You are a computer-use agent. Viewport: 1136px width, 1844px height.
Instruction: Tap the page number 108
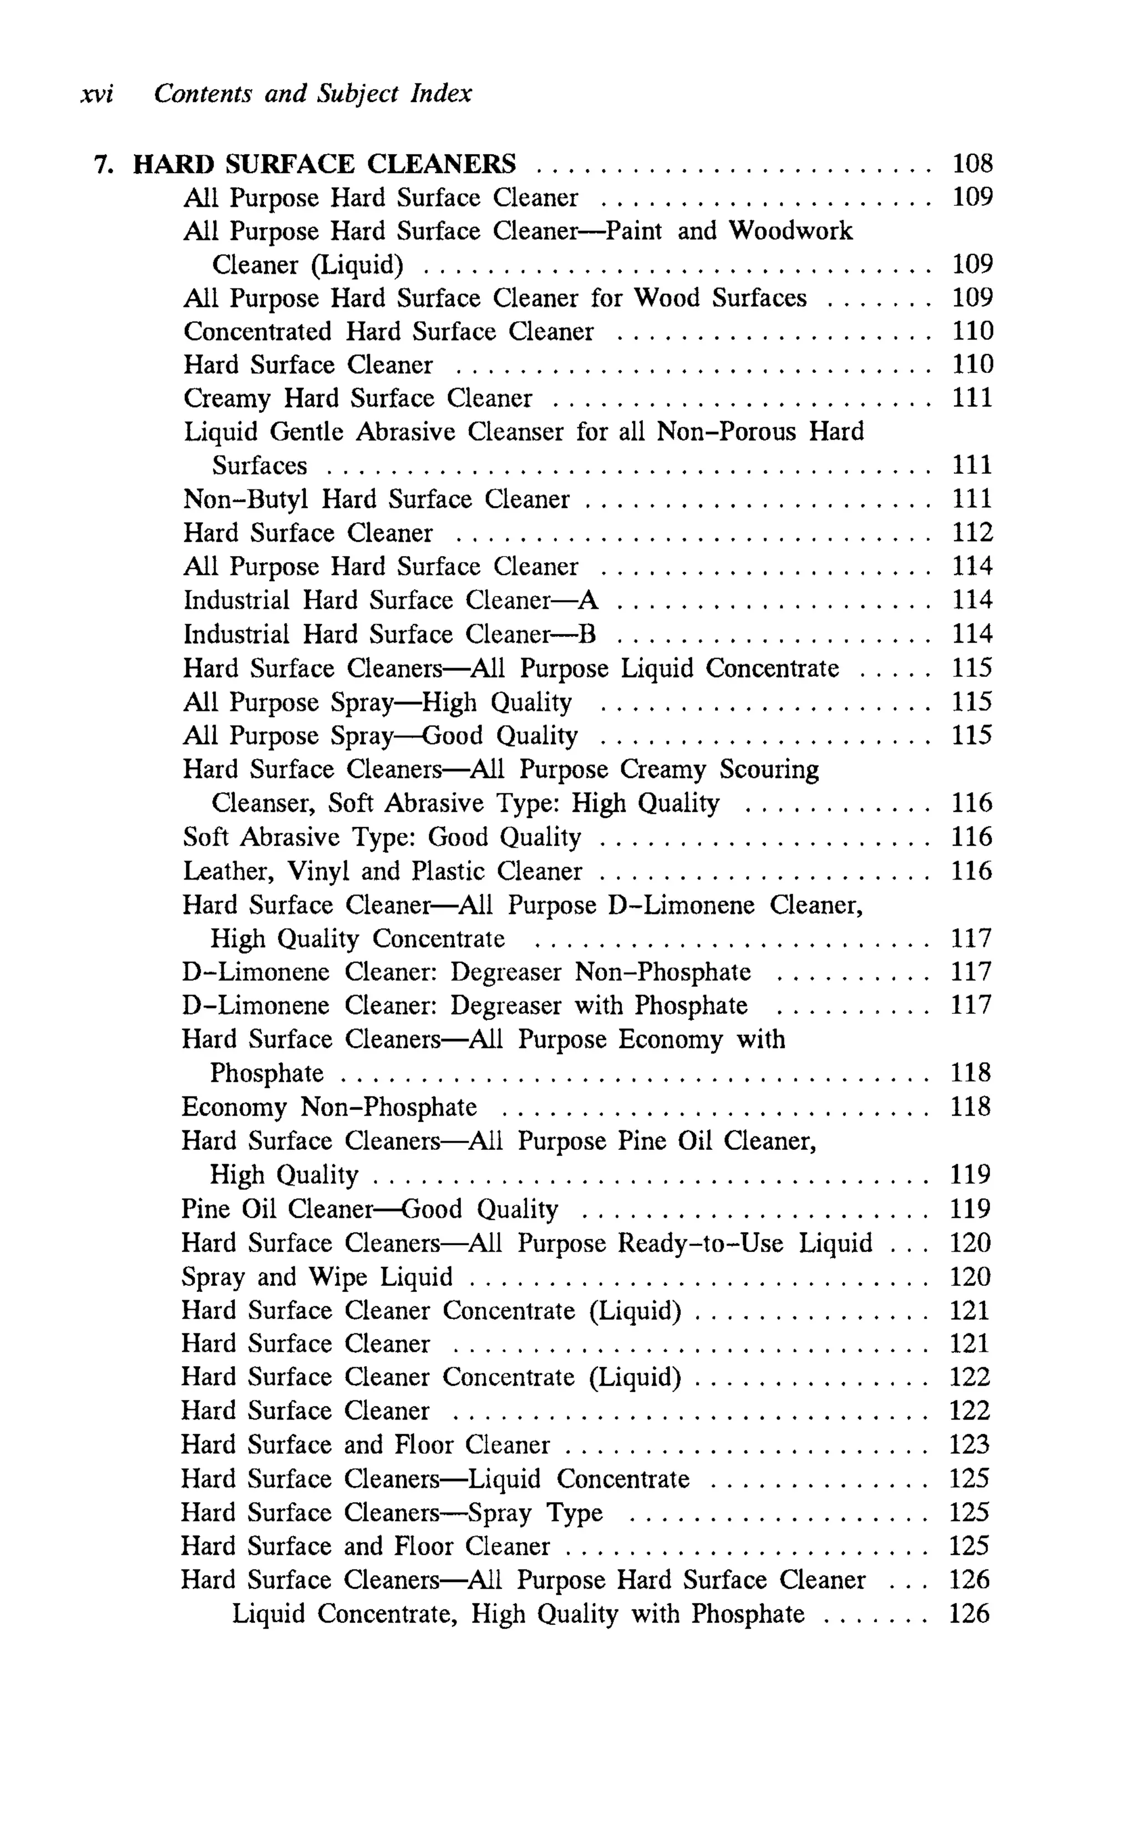click(972, 163)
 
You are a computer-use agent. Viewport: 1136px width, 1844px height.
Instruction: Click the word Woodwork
click(790, 231)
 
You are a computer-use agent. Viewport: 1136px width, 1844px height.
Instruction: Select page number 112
click(972, 533)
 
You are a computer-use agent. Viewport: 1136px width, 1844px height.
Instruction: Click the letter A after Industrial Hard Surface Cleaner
click(589, 600)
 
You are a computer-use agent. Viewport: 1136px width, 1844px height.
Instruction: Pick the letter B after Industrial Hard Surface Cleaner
click(587, 634)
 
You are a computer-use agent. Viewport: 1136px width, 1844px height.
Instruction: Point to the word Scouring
click(769, 770)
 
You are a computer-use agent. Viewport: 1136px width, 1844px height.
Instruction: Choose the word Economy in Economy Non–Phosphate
click(234, 1108)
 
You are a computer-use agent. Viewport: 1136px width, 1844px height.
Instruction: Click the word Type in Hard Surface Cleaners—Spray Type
click(575, 1513)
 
